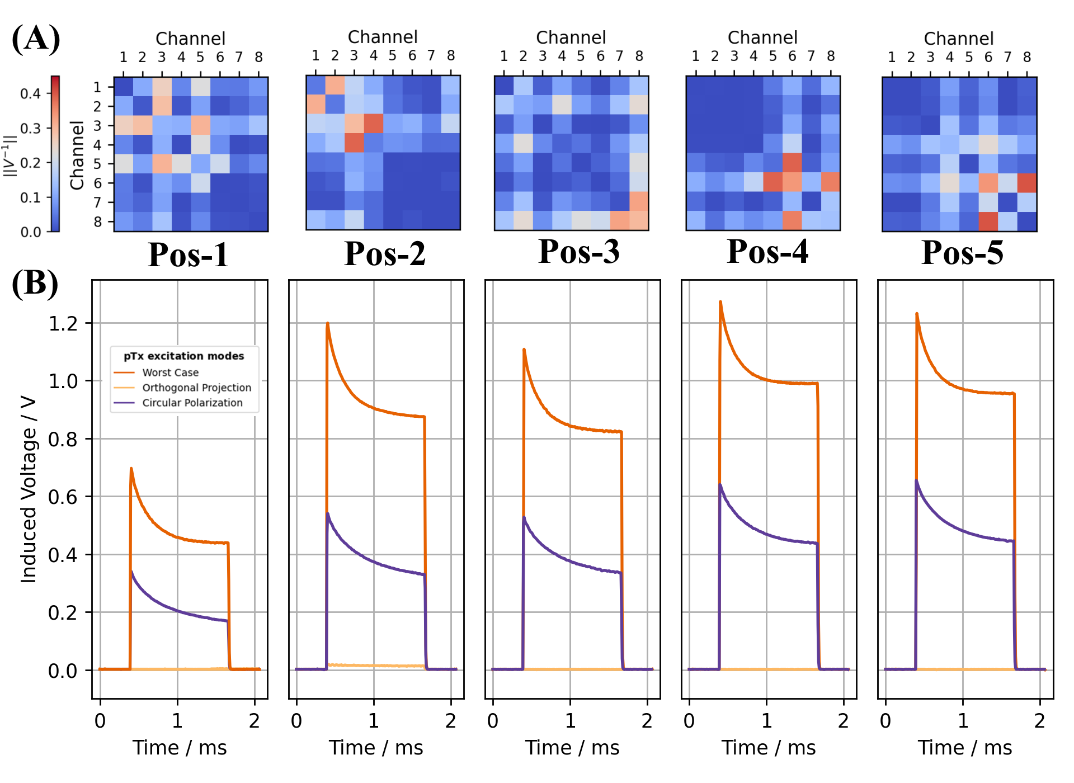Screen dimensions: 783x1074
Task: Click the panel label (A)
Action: tap(36, 39)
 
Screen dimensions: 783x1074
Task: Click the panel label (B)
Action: tap(35, 284)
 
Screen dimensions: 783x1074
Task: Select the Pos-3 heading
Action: tap(579, 252)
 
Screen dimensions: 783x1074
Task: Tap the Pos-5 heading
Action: tap(962, 253)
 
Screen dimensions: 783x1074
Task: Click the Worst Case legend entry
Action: tap(170, 372)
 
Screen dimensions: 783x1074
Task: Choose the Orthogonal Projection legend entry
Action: tap(196, 388)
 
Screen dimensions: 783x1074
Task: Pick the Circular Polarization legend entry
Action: tap(192, 403)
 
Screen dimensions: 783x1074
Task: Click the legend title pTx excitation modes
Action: tap(184, 356)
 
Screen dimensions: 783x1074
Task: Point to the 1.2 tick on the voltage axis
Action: tap(63, 324)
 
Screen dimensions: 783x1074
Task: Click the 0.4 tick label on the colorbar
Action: tap(31, 93)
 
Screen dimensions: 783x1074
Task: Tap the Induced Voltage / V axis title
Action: tap(29, 489)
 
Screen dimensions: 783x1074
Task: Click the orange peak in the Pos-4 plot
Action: tap(720, 303)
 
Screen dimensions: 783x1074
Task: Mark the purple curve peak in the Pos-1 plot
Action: tap(132, 572)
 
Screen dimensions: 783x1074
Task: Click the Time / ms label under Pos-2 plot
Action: tap(376, 748)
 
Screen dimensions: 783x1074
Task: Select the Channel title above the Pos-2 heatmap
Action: tap(383, 37)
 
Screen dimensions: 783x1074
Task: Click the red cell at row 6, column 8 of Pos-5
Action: tap(1027, 183)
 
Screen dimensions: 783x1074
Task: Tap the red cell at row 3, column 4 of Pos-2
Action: tap(374, 124)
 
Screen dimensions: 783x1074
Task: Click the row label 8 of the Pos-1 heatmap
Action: tap(98, 222)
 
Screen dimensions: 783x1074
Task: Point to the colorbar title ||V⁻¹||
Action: tap(10, 155)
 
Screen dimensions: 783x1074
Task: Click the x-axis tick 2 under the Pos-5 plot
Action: tap(1040, 721)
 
